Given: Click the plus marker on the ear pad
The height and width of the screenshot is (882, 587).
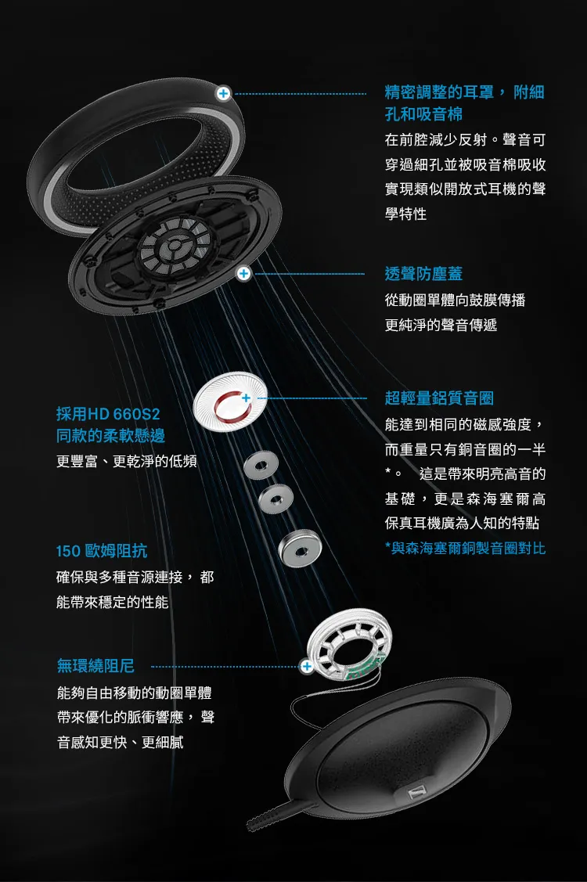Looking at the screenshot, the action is [224, 93].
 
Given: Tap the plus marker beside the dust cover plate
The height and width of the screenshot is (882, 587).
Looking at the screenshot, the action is [244, 273].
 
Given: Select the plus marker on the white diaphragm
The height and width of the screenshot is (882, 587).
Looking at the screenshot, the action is [246, 398].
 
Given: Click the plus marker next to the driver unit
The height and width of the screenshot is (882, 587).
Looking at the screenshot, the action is [307, 666].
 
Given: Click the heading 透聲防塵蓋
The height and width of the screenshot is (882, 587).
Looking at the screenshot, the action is [423, 274].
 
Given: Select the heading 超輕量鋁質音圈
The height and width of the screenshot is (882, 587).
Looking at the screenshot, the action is [439, 398].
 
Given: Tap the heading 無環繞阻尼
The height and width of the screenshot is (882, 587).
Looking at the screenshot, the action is [95, 666].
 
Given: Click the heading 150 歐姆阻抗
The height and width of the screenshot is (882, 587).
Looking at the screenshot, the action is [102, 551].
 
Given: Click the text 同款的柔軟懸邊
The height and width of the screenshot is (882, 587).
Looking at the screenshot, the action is [110, 436].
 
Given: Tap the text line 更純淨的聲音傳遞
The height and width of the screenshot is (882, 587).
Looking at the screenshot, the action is [441, 324].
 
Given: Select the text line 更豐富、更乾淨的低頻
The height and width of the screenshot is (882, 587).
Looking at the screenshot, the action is [127, 462].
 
